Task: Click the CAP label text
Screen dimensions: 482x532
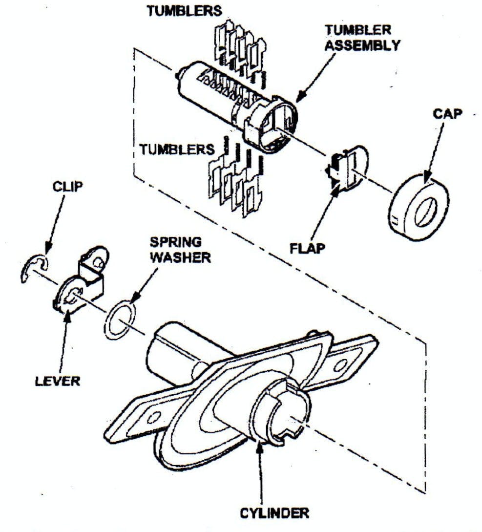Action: point(447,114)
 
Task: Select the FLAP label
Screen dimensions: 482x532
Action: point(307,248)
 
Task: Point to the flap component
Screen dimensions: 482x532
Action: point(346,168)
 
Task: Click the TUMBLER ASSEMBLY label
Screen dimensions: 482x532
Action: point(362,37)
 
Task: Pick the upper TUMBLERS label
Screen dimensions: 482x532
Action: point(184,11)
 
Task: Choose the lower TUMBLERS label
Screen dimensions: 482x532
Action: point(177,149)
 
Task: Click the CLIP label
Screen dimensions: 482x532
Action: point(67,186)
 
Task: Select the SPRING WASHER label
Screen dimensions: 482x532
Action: point(180,250)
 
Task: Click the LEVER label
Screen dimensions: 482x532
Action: point(58,381)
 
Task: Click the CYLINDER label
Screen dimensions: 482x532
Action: point(274,513)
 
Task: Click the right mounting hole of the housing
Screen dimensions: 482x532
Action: point(340,366)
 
